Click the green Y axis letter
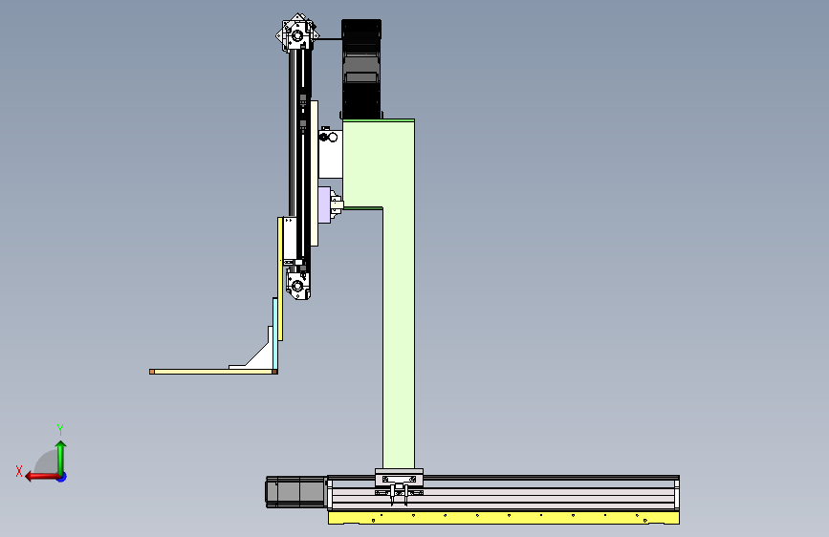[60, 429]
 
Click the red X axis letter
[19, 471]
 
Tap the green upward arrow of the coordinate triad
[61, 458]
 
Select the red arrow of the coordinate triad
[42, 477]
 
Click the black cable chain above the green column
[361, 69]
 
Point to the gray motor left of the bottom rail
[295, 492]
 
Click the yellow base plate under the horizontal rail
[503, 517]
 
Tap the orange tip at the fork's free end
[152, 372]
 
